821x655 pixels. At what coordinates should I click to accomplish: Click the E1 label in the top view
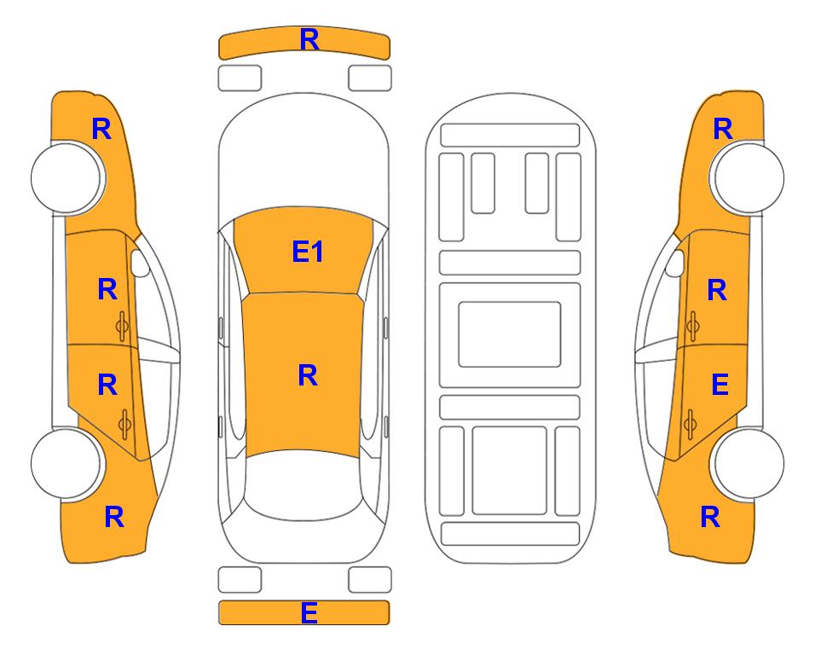click(308, 252)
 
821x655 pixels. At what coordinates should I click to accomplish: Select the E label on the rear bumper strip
click(309, 612)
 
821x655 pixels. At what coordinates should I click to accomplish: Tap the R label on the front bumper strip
click(309, 40)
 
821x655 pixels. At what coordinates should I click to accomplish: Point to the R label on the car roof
click(308, 375)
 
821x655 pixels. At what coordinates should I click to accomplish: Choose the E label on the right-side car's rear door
click(720, 385)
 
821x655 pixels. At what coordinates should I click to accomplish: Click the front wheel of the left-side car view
click(66, 178)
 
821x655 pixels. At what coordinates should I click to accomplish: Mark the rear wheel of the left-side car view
click(66, 463)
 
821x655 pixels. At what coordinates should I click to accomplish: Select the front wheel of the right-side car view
click(749, 177)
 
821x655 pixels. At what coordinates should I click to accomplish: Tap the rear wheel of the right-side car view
click(749, 463)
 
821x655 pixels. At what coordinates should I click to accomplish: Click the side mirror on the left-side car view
click(139, 263)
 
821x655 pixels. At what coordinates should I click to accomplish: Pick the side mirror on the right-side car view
click(675, 263)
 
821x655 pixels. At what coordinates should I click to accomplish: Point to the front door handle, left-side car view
click(123, 326)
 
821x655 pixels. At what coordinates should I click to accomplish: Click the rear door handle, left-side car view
click(124, 424)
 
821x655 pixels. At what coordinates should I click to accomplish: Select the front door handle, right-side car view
click(692, 326)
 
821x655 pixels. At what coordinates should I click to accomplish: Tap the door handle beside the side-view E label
click(690, 424)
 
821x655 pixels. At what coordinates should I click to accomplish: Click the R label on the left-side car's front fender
click(101, 129)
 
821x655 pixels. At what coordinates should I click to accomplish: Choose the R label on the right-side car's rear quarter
click(710, 517)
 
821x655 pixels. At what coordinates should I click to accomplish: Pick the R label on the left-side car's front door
click(107, 289)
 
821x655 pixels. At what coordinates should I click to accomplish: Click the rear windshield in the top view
click(304, 486)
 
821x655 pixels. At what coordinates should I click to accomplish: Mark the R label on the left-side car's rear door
click(107, 385)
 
